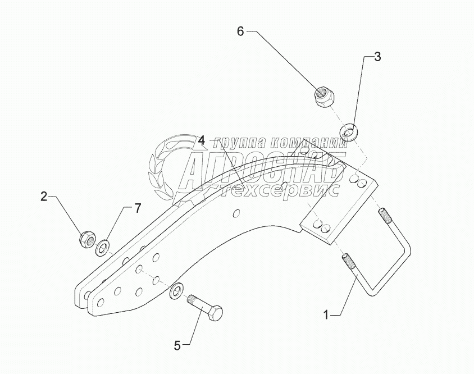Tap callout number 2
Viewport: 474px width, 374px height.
pyautogui.click(x=43, y=197)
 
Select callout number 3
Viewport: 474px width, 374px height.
pyautogui.click(x=377, y=57)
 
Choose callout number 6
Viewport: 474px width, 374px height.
pyautogui.click(x=240, y=31)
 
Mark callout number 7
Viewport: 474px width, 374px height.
pyautogui.click(x=136, y=209)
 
